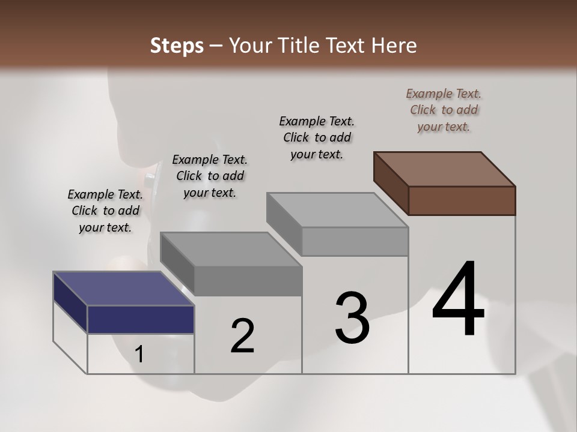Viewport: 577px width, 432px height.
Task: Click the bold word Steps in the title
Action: pos(177,46)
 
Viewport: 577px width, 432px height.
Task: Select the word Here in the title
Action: pos(392,46)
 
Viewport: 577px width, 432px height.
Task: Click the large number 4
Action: pos(458,299)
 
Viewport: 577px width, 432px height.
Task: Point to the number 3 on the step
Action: pos(352,318)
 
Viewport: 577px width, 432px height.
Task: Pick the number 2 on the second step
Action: pos(242,336)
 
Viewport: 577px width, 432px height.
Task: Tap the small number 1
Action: pos(139,355)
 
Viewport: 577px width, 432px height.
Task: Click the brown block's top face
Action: pos(445,169)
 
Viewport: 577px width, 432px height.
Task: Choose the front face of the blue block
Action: pos(141,319)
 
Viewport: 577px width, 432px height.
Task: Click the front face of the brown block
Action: pos(462,200)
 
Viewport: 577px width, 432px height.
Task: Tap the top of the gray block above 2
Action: pos(231,248)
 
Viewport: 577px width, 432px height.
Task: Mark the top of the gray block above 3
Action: pos(337,209)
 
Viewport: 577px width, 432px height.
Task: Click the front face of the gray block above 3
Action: pos(355,241)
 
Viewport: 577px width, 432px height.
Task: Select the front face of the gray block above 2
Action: pos(248,281)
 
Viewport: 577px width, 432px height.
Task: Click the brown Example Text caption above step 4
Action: pos(444,110)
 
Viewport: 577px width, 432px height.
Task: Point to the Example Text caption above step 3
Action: pos(317,137)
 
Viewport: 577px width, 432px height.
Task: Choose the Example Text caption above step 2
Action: pos(210,176)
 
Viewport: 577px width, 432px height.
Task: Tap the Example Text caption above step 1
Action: pos(105,211)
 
